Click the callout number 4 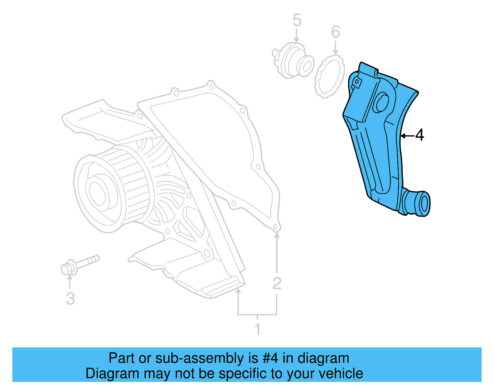pos(420,135)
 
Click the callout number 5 pos(297,20)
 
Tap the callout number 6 pos(336,32)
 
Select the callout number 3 pos(70,298)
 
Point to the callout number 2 pos(277,283)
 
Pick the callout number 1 pos(257,329)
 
